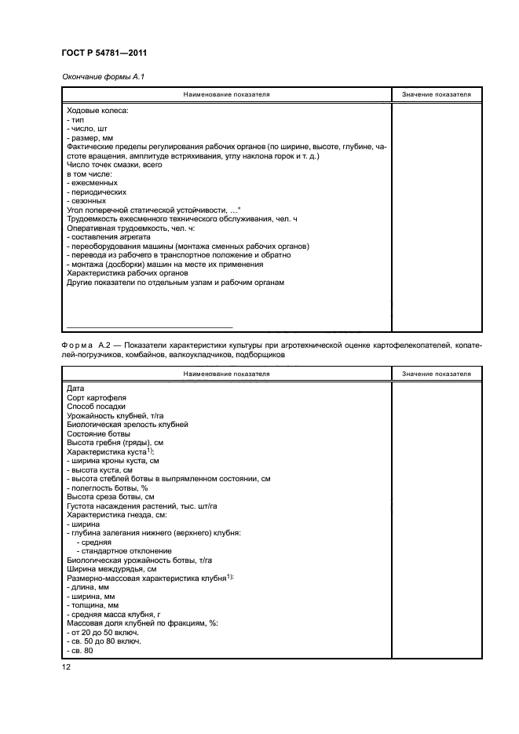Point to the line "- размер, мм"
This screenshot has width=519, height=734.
tap(91, 138)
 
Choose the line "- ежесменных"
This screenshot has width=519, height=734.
tap(93, 183)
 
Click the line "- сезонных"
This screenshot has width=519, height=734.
tap(89, 201)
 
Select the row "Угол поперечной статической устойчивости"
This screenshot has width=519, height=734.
tap(154, 210)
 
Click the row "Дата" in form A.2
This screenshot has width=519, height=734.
tap(75, 389)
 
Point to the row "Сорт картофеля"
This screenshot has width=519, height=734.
tap(97, 398)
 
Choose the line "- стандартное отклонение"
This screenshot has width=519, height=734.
tap(122, 551)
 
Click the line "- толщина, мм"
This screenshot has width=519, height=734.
tap(93, 605)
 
